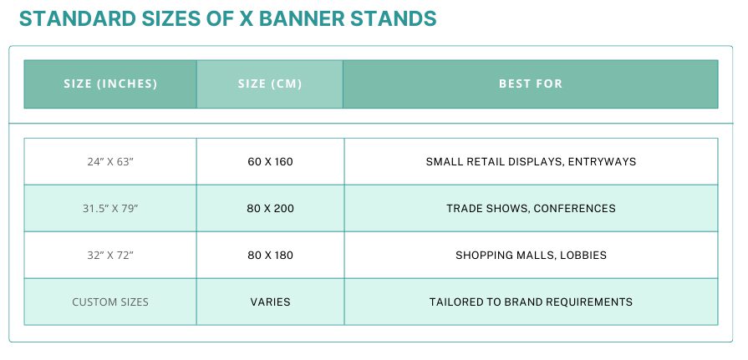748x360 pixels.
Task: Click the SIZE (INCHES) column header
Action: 110,84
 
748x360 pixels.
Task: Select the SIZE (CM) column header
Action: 269,84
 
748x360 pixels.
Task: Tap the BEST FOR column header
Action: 531,84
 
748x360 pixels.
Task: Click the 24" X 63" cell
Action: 110,162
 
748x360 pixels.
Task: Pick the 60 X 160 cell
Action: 270,162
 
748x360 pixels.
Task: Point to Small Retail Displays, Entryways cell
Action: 531,162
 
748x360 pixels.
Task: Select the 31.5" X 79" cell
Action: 110,208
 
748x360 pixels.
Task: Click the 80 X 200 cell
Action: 270,208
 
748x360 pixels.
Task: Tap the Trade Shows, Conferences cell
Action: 531,208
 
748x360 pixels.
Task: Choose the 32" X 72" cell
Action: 110,255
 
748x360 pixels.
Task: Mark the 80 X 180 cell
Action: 270,255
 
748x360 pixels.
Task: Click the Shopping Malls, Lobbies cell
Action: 531,255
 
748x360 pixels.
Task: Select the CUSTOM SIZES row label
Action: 110,302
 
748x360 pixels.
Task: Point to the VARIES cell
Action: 270,302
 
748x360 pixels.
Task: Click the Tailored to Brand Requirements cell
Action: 531,302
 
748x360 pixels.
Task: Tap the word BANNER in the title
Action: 302,18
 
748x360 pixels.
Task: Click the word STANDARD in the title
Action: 77,18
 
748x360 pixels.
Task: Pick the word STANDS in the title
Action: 394,18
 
